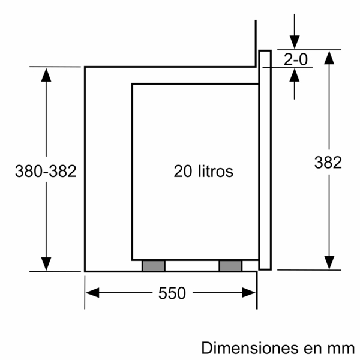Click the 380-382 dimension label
click(46, 171)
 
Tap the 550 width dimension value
click(172, 293)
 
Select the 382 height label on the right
click(328, 162)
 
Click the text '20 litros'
click(203, 171)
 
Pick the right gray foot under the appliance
click(230, 265)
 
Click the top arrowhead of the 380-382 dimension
click(46, 73)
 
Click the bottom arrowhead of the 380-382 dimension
click(46, 264)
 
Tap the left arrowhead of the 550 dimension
click(92, 293)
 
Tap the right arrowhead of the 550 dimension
click(249, 293)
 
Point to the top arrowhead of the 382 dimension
click(329, 57)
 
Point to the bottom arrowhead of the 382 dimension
click(329, 262)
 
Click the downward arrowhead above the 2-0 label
click(295, 43)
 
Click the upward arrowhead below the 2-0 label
click(295, 74)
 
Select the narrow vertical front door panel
click(265, 160)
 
